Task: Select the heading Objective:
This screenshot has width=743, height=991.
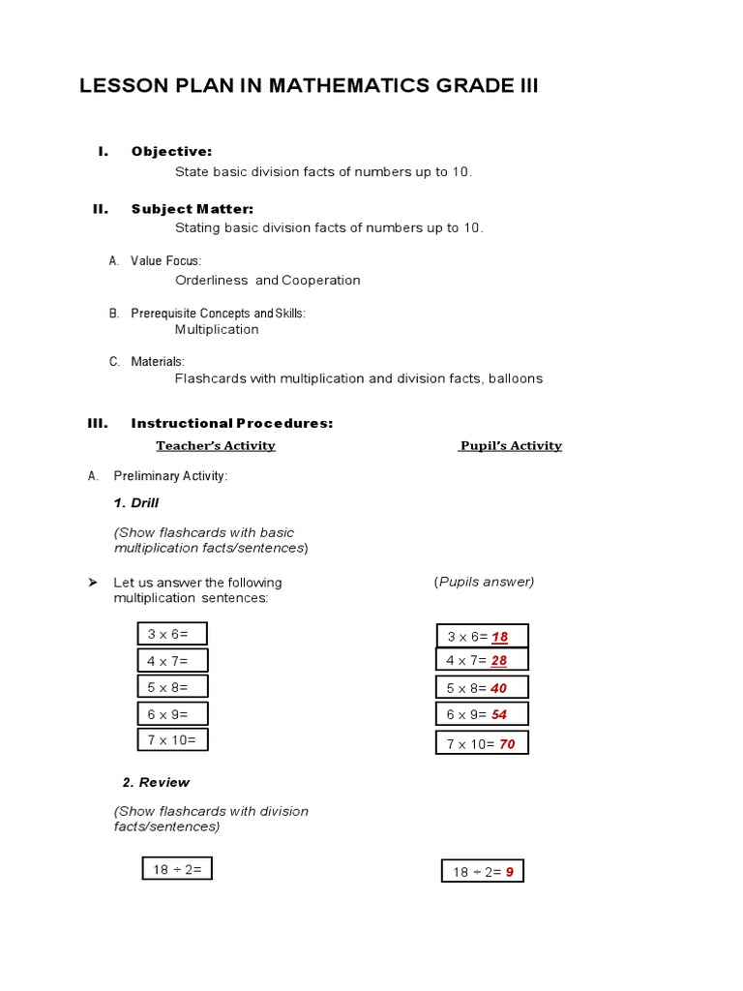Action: point(171,151)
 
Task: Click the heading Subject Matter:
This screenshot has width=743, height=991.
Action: point(192,208)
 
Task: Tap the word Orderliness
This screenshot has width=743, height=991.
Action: point(211,281)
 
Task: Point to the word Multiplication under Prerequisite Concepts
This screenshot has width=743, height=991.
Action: point(217,329)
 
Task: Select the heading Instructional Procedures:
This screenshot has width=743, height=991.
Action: point(232,423)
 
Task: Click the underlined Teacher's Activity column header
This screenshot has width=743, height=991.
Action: point(216,446)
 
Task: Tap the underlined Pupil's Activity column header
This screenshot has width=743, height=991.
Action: point(511,446)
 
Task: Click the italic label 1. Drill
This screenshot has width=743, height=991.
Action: point(136,503)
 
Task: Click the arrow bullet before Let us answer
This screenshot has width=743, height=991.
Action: point(93,583)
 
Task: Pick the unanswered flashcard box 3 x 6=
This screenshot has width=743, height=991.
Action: point(172,635)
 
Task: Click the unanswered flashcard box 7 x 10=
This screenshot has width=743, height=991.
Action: point(172,740)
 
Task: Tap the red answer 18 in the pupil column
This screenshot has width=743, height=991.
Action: point(499,637)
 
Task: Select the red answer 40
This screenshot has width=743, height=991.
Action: point(499,688)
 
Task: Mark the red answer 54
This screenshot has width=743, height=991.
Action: point(499,715)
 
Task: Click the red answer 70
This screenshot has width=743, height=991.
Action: point(507,744)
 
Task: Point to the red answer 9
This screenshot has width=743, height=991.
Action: point(510,872)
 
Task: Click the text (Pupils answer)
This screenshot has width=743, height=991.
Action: point(484,582)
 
